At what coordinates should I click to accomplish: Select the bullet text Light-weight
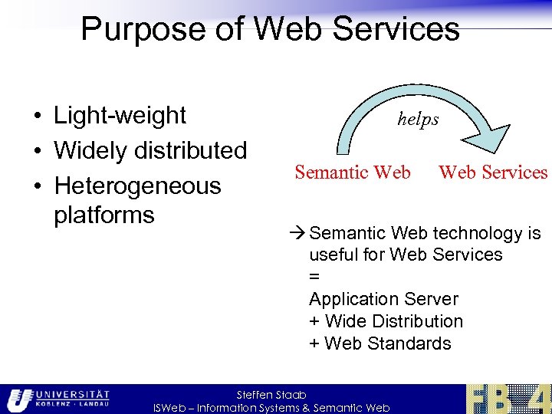click(x=120, y=115)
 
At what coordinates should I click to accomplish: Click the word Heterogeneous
click(x=137, y=186)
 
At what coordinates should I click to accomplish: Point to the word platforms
click(x=104, y=215)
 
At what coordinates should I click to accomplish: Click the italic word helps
click(x=418, y=119)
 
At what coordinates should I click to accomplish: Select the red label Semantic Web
click(x=352, y=172)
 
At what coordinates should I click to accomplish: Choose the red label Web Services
click(x=493, y=172)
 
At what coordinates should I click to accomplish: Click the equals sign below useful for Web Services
click(x=314, y=277)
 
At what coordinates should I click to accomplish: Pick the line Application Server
click(x=383, y=299)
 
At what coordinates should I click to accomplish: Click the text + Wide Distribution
click(x=386, y=321)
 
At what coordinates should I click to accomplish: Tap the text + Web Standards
click(x=380, y=343)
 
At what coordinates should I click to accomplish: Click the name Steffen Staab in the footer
click(x=272, y=395)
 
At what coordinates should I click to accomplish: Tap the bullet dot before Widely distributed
click(x=37, y=152)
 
